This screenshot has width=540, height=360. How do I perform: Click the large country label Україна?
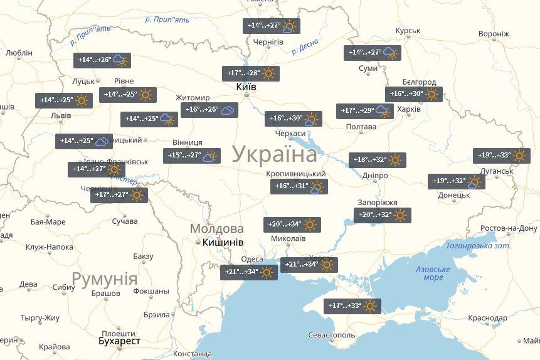275,154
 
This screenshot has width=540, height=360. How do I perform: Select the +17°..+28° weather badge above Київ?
251,73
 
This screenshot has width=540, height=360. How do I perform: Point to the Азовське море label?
433,273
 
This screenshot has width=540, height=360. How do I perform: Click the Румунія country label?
104,278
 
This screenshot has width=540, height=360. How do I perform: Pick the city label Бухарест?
119,341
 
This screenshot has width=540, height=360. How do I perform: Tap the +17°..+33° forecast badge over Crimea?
352,306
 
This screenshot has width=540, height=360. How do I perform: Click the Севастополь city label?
332,335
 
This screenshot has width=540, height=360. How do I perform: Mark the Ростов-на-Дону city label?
509,228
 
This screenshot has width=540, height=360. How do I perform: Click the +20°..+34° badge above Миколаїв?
292,225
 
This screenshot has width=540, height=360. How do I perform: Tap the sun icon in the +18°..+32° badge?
394,160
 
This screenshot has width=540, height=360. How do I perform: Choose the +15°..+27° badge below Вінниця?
192,156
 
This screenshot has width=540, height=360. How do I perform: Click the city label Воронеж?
494,34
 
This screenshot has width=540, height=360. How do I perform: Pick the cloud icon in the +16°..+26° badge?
228,110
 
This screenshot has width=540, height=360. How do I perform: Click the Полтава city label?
361,127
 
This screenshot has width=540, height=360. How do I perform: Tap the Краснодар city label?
487,319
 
